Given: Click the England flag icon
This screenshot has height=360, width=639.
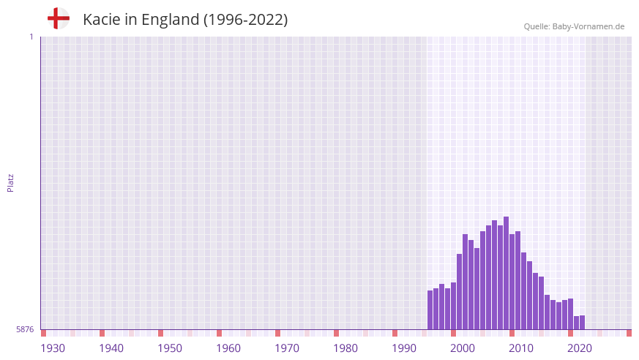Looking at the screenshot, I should coord(58,18).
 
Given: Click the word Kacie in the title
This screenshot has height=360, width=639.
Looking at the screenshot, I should coord(100,20).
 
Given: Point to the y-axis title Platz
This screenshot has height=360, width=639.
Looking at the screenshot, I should coord(10,182).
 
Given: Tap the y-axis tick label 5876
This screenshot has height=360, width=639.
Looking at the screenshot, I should coord(25,330).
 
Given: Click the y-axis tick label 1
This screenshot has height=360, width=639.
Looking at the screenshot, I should coord(31,37).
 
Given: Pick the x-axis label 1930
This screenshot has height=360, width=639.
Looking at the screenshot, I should coord(53,348).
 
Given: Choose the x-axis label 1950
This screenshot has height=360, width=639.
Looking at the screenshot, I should coord(170,348).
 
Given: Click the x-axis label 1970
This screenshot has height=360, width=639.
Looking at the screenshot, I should coord(287,348).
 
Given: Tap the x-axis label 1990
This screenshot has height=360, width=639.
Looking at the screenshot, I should coord(404,348).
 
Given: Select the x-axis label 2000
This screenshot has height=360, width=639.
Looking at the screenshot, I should coord(463,348).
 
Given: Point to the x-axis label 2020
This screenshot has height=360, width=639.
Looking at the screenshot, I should coord(580,348).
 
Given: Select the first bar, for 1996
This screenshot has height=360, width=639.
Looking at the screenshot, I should coord(430,310).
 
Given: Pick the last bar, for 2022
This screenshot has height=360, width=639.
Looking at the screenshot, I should coord(582,323).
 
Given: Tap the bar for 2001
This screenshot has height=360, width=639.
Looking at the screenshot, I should coord(459,292).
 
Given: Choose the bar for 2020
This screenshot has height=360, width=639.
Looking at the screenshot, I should coord(570,314).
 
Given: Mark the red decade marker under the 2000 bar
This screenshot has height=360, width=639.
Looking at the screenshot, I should coord(453,333).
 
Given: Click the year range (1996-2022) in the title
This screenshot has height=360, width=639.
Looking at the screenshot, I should coord(245,20).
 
